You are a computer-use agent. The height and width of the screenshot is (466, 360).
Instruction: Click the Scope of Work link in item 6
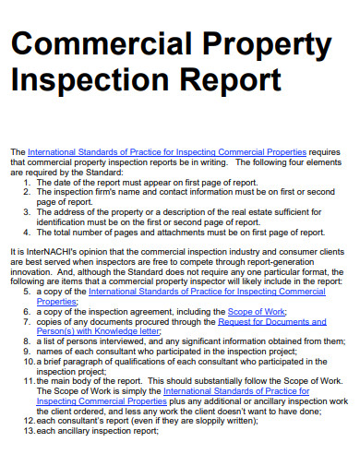pyautogui.click(x=253, y=312)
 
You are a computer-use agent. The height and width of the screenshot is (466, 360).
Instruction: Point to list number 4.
pyautogui.click(x=27, y=233)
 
